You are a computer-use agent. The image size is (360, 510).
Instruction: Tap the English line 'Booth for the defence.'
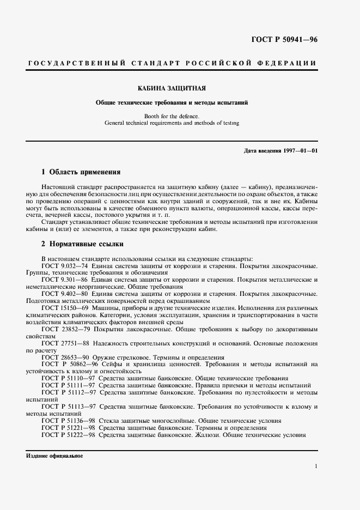click(172, 116)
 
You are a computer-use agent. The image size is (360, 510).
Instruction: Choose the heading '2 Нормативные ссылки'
click(83, 244)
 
